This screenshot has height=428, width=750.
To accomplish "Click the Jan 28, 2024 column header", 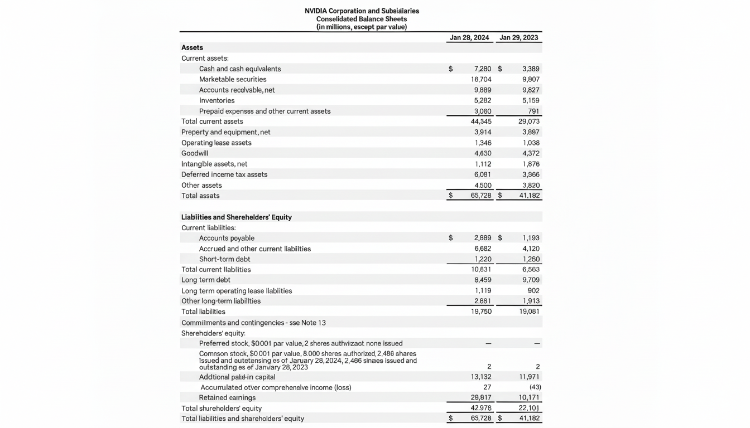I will (469, 37).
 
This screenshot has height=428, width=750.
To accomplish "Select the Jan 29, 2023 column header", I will (518, 37).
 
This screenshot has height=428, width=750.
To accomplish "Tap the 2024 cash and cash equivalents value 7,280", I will (482, 69).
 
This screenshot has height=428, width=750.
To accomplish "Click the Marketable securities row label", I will (233, 79).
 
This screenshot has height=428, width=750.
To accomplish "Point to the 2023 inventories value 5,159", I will (531, 100).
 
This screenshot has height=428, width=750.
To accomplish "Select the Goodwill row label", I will (195, 153).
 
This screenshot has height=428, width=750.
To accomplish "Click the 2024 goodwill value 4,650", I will (483, 153).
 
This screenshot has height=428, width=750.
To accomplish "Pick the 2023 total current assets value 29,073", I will (529, 121).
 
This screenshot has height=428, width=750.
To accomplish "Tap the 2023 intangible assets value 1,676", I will (531, 164).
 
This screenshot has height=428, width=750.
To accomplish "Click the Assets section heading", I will (192, 47).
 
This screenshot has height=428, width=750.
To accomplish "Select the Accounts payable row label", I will (227, 238).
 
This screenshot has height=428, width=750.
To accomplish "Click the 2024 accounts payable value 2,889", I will (482, 238).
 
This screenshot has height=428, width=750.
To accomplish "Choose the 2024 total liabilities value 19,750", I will (482, 312).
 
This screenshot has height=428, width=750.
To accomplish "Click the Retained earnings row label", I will (227, 397).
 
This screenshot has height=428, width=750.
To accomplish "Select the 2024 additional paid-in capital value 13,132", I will (481, 377).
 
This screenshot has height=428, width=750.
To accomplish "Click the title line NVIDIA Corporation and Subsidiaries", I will (362, 11).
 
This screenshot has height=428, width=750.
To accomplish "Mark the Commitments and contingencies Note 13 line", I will (253, 323).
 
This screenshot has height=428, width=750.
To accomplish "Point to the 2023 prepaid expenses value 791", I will (533, 111).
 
